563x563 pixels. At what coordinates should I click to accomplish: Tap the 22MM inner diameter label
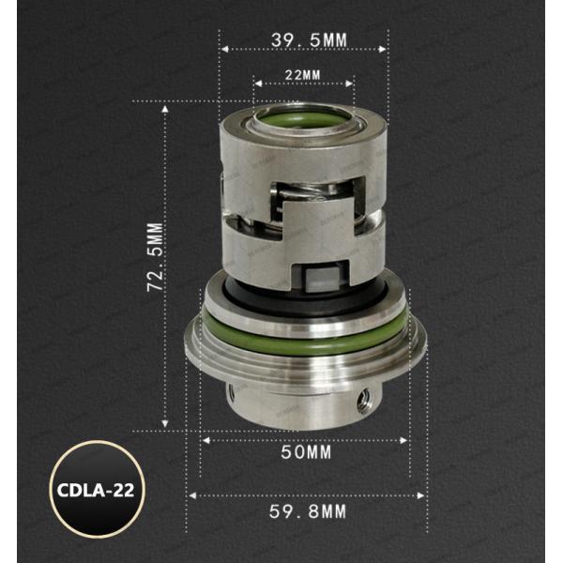click(303, 73)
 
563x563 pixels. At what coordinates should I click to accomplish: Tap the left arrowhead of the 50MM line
click(204, 437)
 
